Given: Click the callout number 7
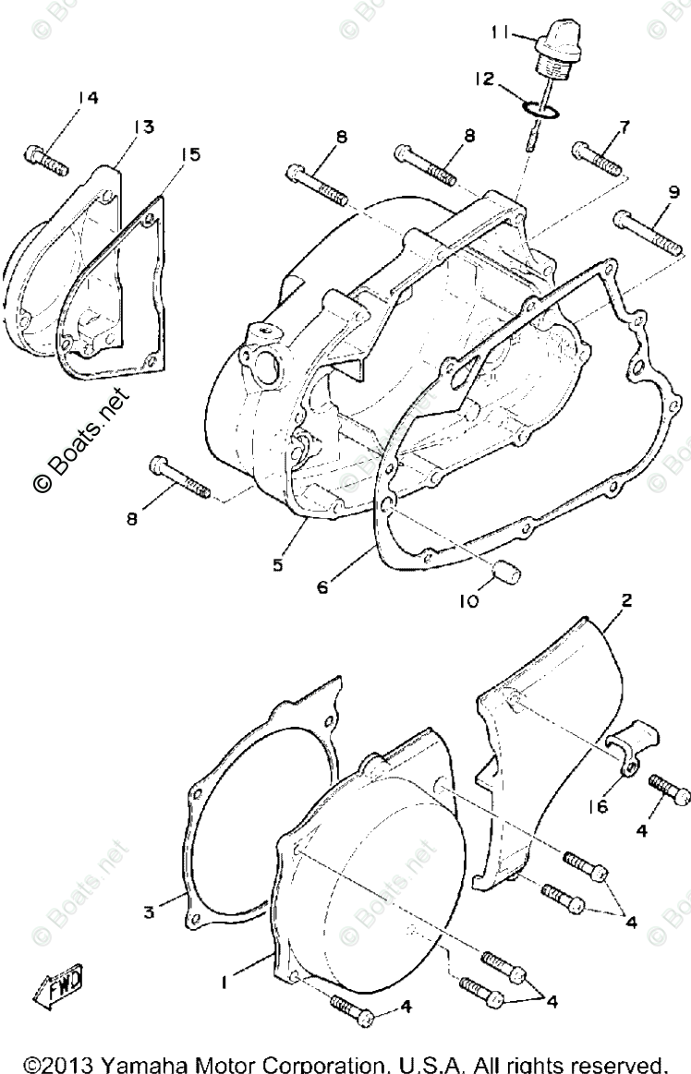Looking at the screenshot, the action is point(624,126).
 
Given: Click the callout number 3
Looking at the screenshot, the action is point(148,912).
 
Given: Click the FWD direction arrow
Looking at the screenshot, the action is point(58,983).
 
